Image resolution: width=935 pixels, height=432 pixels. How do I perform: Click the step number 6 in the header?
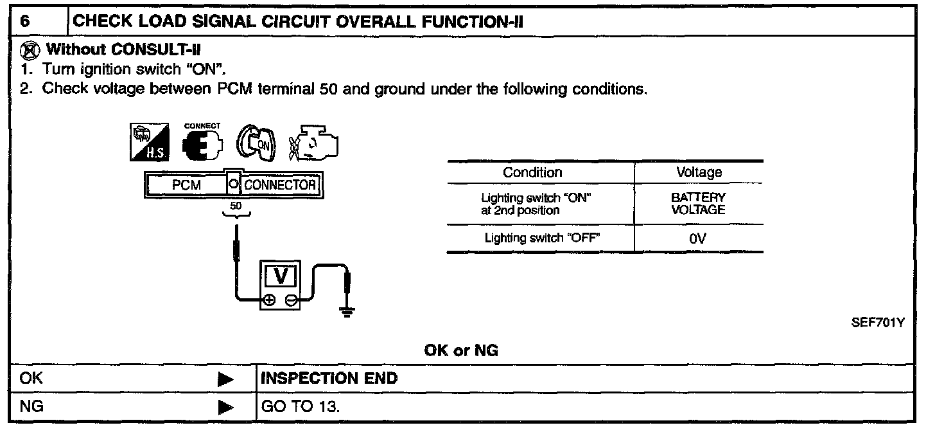point(25,21)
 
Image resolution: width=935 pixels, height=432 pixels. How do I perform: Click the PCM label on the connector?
point(186,185)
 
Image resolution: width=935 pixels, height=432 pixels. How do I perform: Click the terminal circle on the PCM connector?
point(233,185)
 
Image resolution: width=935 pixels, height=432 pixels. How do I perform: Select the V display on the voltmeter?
point(279,276)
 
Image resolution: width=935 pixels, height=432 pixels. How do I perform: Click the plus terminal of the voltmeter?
point(269,300)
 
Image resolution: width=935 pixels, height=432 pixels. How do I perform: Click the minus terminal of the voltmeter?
point(291,300)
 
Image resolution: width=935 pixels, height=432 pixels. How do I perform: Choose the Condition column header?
point(532,172)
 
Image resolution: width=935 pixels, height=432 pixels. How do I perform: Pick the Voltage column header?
point(699,172)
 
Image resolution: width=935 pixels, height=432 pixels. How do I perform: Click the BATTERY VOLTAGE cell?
point(698,204)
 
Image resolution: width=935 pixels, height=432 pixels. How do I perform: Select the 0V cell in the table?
point(698,239)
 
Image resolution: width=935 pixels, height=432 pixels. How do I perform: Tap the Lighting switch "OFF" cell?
point(542,238)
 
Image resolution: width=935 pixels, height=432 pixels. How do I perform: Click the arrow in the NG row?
point(225,408)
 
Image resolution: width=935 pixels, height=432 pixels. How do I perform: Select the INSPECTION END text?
point(329,379)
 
